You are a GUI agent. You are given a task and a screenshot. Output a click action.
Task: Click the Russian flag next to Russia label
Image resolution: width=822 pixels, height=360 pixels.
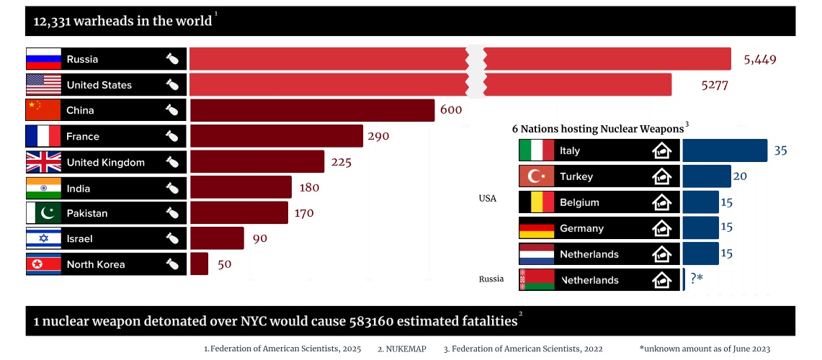[x=43, y=59]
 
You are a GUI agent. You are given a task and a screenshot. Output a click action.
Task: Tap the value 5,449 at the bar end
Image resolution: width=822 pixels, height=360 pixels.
[x=759, y=59]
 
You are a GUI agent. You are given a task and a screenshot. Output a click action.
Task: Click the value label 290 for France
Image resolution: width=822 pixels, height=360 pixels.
[x=378, y=136]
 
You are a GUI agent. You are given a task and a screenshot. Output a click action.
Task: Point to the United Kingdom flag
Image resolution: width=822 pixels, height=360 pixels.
[x=43, y=162]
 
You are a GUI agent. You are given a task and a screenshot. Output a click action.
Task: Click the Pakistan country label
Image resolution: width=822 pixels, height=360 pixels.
[x=87, y=213]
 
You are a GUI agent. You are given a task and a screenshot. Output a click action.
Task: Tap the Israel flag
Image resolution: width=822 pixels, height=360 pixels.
[x=43, y=238]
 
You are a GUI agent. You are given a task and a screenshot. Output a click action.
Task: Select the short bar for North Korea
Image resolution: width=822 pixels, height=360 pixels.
[x=200, y=264]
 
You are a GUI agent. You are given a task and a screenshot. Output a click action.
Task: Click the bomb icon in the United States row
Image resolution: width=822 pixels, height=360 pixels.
[x=172, y=85]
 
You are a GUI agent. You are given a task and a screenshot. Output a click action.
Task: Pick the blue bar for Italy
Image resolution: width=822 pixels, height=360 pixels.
[x=725, y=150]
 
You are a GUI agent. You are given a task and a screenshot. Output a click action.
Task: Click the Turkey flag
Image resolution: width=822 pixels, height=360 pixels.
[x=537, y=176]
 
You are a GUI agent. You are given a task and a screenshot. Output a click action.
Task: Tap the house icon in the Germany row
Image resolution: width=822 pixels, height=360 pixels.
[x=661, y=228]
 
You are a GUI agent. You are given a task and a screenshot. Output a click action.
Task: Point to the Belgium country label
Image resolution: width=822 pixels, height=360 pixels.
[x=579, y=202]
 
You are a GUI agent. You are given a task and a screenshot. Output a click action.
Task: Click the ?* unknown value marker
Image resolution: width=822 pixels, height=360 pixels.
[x=696, y=279]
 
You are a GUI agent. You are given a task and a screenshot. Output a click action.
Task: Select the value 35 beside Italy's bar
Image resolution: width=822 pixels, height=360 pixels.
[x=781, y=150]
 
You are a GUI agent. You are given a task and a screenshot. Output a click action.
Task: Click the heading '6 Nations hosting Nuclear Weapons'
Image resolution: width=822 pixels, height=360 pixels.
[x=597, y=128]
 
